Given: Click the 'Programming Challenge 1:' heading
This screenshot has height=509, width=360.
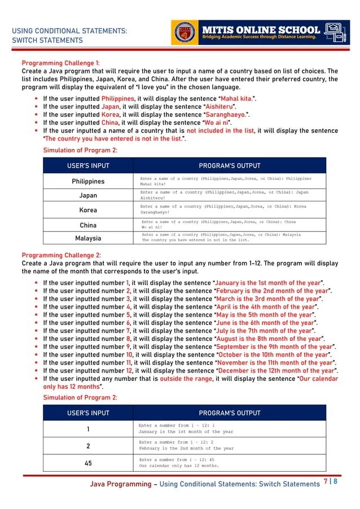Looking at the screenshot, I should [60, 63].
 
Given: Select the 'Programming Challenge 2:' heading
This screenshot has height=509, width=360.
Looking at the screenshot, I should [61, 255].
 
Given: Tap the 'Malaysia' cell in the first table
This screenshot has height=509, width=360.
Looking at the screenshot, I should [88, 238].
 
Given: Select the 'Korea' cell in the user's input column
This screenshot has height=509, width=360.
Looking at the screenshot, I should [88, 210].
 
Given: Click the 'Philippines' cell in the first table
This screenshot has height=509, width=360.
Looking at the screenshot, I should [88, 182].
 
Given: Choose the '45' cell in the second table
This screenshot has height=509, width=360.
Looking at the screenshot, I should [88, 463].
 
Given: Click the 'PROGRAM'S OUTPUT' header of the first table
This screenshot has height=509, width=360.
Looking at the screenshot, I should [230, 166].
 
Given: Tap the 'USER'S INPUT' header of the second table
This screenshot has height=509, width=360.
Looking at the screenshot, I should [88, 413].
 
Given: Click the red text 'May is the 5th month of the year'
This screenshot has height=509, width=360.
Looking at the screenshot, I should [265, 314].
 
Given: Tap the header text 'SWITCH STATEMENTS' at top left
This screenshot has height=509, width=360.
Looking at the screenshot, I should [47, 41].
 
